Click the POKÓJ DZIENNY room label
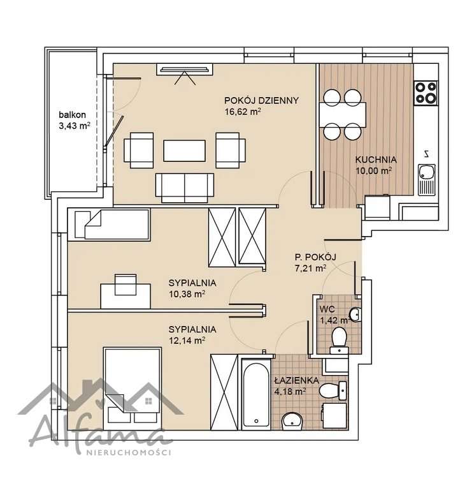261,101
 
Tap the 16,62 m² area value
243,112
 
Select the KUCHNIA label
376,159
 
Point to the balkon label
72,115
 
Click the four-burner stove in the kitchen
426,93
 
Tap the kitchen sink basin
426,172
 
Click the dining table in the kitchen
343,115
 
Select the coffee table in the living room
184,151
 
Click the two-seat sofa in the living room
185,188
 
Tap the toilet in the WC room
339,340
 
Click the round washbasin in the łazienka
292,420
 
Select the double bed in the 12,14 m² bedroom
132,389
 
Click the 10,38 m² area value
187,294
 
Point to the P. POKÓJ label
315,256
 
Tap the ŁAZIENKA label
297,380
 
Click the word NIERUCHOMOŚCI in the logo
129,452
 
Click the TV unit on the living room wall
185,70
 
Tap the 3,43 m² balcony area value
75,126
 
